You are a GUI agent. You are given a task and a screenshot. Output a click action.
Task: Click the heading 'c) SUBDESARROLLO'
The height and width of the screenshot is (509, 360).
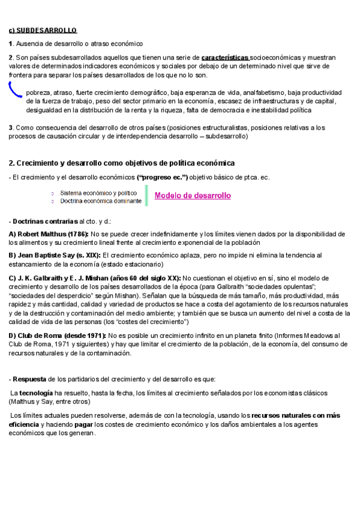43,30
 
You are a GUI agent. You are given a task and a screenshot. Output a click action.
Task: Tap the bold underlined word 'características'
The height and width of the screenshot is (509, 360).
224,57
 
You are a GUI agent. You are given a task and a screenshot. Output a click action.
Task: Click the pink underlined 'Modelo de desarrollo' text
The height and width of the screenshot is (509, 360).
193,196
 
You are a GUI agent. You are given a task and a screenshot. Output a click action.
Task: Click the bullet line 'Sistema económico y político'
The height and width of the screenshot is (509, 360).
98,193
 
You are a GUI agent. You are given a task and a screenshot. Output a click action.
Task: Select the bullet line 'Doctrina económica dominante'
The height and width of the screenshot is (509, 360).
101,201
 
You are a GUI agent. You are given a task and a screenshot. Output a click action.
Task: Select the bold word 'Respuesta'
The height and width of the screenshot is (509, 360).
28,379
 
